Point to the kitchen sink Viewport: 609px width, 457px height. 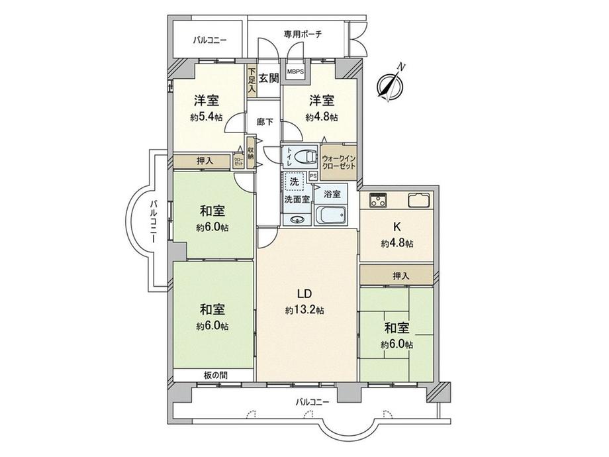[x=420, y=199]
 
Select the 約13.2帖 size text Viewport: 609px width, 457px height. [x=304, y=310]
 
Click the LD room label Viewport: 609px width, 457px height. [x=304, y=294]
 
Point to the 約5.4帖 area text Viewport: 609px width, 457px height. [x=207, y=117]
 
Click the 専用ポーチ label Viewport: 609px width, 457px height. [x=303, y=34]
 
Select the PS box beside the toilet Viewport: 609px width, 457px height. [x=313, y=176]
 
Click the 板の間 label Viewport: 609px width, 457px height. [x=215, y=375]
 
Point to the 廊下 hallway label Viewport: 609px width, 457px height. [x=265, y=123]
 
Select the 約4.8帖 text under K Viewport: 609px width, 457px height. [x=397, y=243]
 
